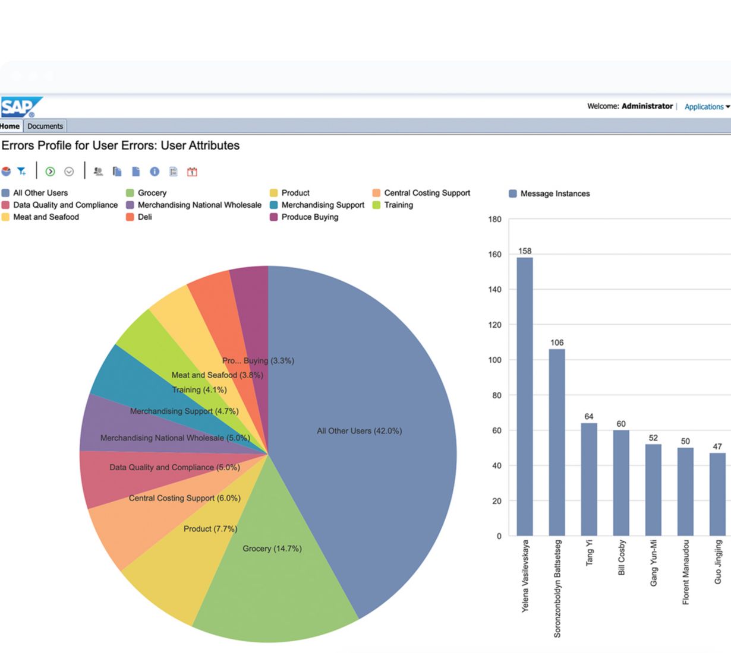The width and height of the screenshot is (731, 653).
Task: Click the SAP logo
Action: click(x=21, y=107)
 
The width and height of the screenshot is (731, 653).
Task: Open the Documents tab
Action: click(x=45, y=126)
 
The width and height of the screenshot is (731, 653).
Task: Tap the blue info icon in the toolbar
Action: click(x=155, y=172)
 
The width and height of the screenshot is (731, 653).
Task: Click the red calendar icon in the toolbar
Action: click(x=192, y=172)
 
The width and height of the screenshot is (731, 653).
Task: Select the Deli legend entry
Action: click(x=139, y=217)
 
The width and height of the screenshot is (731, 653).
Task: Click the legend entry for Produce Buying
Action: click(x=304, y=217)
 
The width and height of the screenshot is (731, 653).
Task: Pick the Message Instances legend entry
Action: click(x=549, y=194)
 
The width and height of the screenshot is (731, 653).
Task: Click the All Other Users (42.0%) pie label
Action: click(x=360, y=430)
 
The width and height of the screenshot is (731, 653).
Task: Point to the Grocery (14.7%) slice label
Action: click(x=272, y=549)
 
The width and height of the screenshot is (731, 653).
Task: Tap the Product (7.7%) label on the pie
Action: click(x=210, y=529)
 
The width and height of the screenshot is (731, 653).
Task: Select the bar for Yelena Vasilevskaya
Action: click(x=525, y=397)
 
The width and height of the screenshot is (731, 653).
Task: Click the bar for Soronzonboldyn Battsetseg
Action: click(x=557, y=442)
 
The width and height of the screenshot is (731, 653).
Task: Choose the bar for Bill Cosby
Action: click(x=621, y=483)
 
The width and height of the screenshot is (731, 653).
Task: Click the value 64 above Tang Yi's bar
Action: click(x=589, y=417)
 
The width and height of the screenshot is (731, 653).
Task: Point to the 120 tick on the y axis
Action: click(x=494, y=325)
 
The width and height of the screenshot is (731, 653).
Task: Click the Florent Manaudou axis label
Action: click(x=686, y=572)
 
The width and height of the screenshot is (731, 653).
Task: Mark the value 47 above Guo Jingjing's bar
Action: click(x=717, y=446)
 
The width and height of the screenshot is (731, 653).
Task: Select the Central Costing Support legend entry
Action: click(x=421, y=193)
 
